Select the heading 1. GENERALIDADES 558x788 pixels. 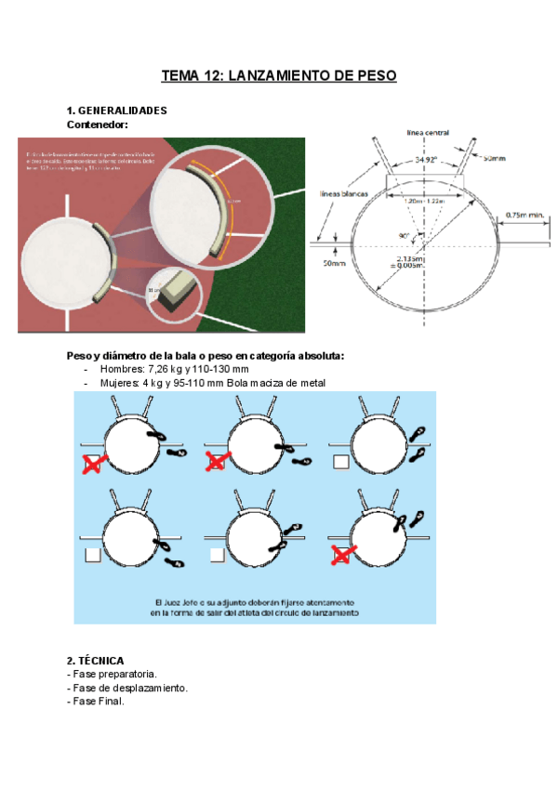(117, 111)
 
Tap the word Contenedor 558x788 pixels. (97, 124)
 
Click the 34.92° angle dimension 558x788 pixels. (427, 160)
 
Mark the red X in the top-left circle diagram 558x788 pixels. (93, 464)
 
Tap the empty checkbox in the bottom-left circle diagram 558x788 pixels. (93, 556)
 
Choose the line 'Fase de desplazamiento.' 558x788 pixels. (128, 688)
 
